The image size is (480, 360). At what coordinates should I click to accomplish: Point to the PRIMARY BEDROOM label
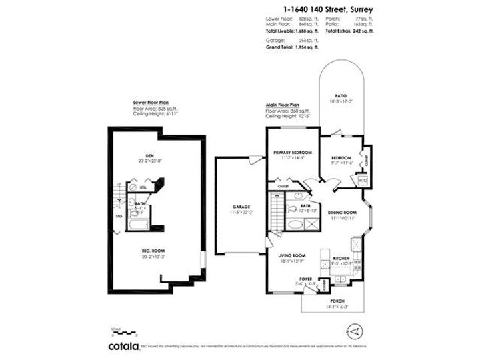(293, 153)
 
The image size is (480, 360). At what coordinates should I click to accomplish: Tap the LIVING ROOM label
(291, 255)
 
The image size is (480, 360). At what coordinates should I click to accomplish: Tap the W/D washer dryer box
(363, 180)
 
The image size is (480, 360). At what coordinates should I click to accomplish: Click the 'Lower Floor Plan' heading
(151, 103)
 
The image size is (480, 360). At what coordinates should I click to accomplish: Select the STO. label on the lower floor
(119, 216)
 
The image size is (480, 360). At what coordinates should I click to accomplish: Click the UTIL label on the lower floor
(143, 189)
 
